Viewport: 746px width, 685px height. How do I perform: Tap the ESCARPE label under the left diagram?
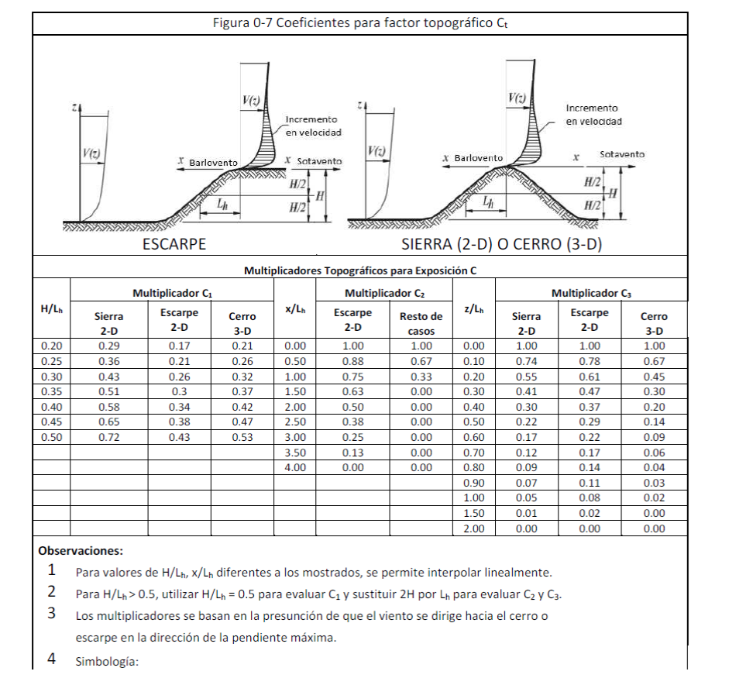pyautogui.click(x=174, y=245)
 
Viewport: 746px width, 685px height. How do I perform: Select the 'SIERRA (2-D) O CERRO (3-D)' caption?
pyautogui.click(x=502, y=245)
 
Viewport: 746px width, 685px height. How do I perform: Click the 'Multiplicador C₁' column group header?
pyautogui.click(x=172, y=294)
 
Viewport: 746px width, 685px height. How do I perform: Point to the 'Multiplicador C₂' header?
pyautogui.click(x=384, y=294)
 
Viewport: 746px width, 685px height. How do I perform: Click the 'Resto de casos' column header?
pyautogui.click(x=421, y=323)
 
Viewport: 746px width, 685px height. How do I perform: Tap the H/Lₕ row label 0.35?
pyautogui.click(x=51, y=391)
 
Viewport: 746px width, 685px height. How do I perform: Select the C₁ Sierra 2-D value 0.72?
pyautogui.click(x=109, y=437)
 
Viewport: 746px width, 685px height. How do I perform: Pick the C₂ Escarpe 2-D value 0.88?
pyautogui.click(x=352, y=361)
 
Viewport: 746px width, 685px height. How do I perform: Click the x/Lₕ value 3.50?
pyautogui.click(x=295, y=453)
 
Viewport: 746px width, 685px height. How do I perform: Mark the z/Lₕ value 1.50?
pyautogui.click(x=473, y=513)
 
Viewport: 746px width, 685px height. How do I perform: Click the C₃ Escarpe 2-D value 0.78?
pyautogui.click(x=590, y=361)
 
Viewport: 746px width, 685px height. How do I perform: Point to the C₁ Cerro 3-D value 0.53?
pyautogui.click(x=242, y=437)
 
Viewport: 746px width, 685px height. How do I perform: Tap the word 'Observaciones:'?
pyautogui.click(x=80, y=552)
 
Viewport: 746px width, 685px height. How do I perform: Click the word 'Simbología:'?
pyautogui.click(x=106, y=663)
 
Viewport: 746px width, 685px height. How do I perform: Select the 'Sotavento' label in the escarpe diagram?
pyautogui.click(x=319, y=160)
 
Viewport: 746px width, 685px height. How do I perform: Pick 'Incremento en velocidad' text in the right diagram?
pyautogui.click(x=593, y=115)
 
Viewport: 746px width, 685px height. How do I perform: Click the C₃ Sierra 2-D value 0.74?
pyautogui.click(x=527, y=361)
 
